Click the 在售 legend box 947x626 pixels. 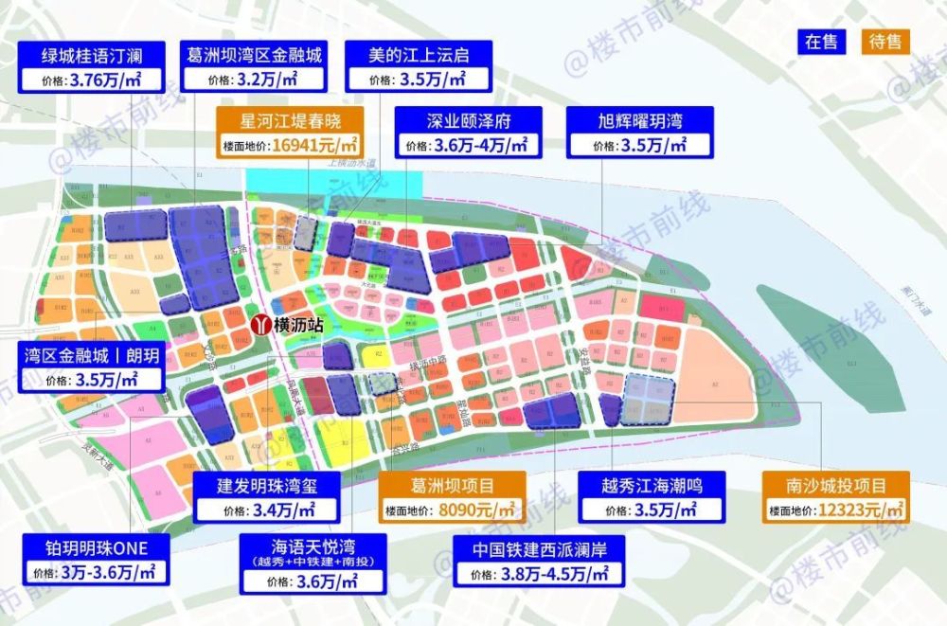(824, 42)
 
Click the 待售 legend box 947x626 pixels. (884, 42)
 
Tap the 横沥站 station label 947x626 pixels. (298, 324)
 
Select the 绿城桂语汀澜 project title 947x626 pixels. (92, 55)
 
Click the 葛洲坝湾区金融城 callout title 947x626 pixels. (254, 55)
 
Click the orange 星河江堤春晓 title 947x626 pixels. (290, 120)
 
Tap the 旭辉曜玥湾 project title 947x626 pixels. (640, 120)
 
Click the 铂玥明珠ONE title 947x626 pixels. (92, 547)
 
